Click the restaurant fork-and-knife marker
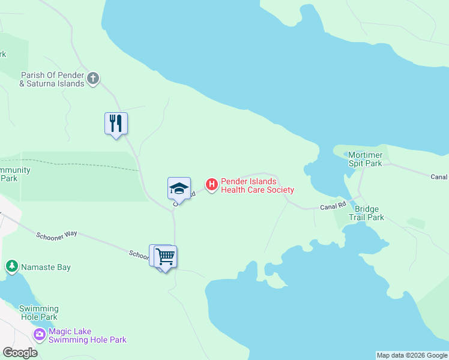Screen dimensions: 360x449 click(x=116, y=124)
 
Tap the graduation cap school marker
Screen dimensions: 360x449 click(x=179, y=188)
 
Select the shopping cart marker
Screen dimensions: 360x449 click(x=166, y=257)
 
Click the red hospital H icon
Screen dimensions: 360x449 click(x=211, y=185)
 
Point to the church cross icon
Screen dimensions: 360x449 click(x=93, y=78)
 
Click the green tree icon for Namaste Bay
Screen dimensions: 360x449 click(x=11, y=266)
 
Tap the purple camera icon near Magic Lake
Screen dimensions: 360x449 click(x=40, y=334)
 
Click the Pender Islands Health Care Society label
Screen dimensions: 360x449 click(x=257, y=185)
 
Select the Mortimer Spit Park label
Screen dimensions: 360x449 click(x=365, y=159)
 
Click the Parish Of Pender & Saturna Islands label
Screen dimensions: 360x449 click(x=52, y=79)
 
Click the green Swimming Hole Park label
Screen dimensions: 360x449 click(x=38, y=313)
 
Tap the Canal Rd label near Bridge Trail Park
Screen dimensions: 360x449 click(x=333, y=206)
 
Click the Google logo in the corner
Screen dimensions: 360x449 click(x=20, y=353)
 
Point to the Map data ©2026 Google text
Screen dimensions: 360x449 click(x=412, y=355)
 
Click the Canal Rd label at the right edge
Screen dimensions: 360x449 click(x=439, y=176)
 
